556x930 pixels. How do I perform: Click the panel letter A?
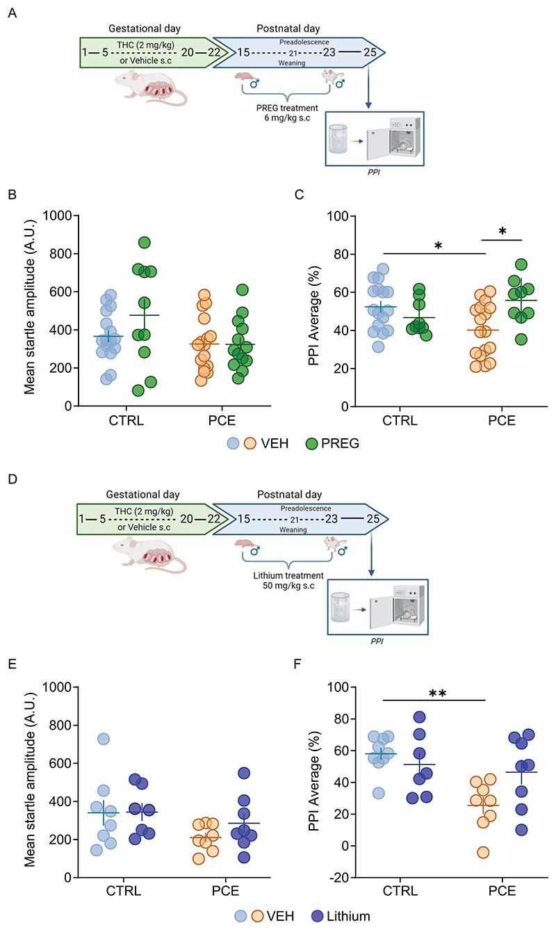(11, 15)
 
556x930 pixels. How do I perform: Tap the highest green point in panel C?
(521, 264)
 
